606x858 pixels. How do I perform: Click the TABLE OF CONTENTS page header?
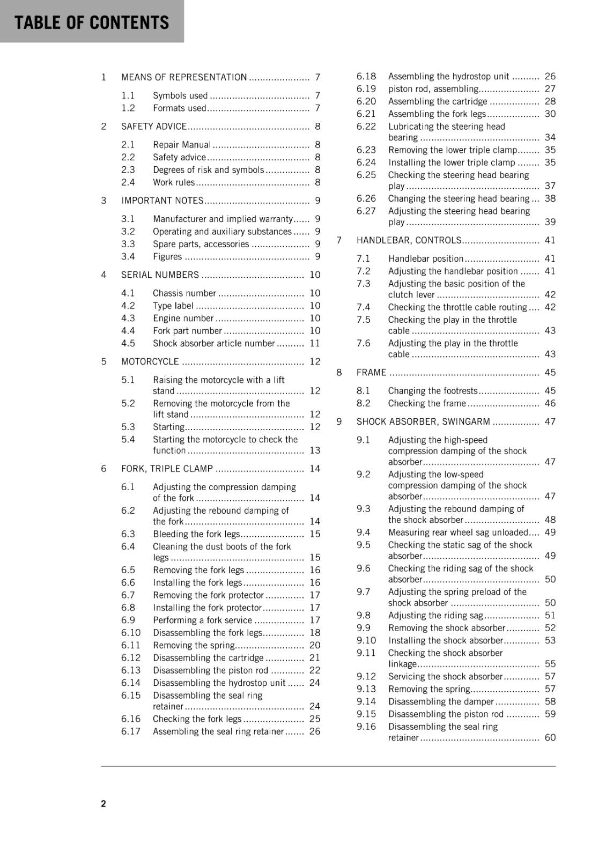(92, 23)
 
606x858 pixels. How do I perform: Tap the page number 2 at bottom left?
(104, 803)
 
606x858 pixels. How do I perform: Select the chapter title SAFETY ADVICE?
(154, 127)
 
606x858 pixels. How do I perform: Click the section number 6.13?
(131, 670)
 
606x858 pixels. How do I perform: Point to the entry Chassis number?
(184, 293)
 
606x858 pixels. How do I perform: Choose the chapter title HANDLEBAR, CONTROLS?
(409, 240)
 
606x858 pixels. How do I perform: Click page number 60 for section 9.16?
(550, 738)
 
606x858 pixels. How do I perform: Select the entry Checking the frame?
(427, 403)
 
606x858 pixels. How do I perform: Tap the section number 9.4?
(363, 532)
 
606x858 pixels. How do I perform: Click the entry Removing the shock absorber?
(446, 628)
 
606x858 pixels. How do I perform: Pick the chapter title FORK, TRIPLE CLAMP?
(167, 469)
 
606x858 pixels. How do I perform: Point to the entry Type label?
(173, 306)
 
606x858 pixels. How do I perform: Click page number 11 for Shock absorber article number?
(315, 343)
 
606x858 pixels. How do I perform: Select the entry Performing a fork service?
(202, 620)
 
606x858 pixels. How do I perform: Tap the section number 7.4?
(363, 307)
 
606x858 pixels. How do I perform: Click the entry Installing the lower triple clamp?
(452, 162)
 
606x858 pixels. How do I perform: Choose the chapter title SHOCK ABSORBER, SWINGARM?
(423, 422)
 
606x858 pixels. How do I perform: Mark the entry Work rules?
(174, 182)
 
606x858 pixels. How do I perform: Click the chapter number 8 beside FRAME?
(339, 373)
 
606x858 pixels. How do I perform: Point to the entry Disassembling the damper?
(441, 701)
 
